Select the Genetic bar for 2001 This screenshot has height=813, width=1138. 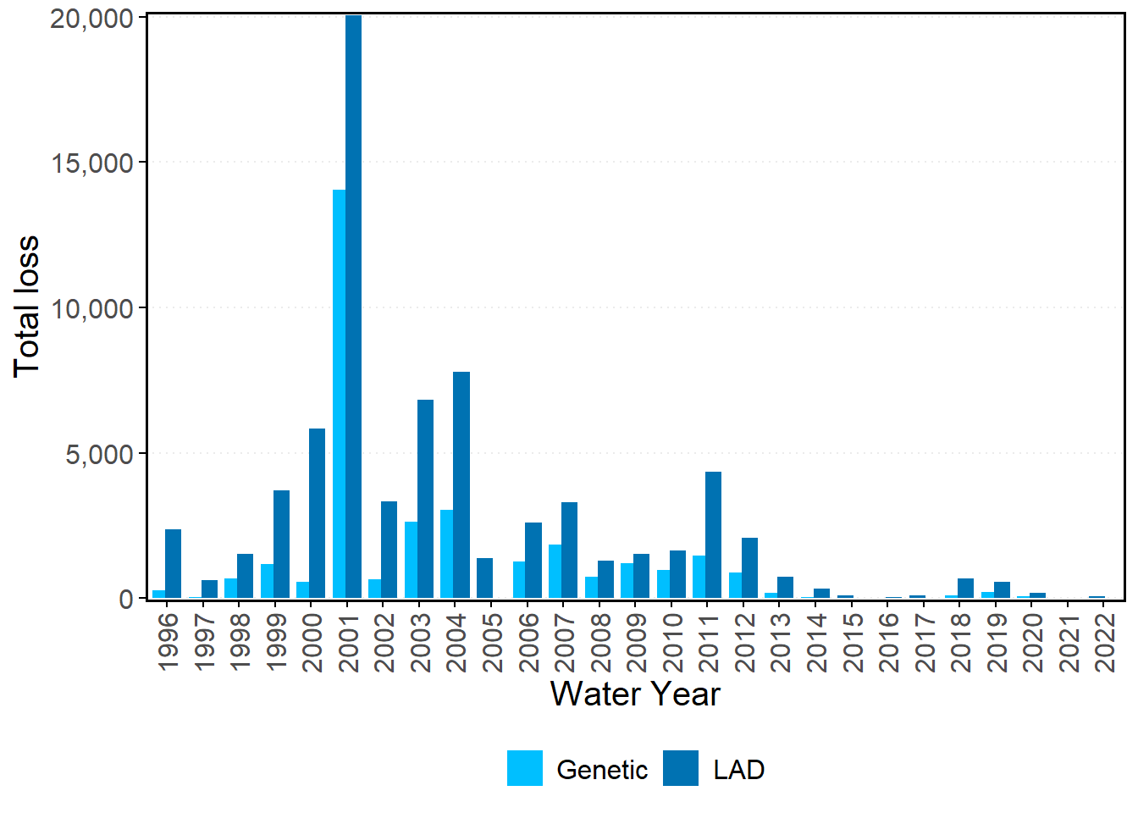[x=339, y=394]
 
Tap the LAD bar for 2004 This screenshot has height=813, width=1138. [x=461, y=484]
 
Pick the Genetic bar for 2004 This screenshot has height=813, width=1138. [x=446, y=554]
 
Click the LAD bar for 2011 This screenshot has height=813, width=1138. [x=713, y=534]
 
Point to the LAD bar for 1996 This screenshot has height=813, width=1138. [x=173, y=563]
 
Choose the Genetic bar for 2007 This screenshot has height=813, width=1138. [x=555, y=571]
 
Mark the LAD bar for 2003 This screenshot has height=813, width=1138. [x=425, y=499]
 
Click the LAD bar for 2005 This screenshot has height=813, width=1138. [x=484, y=578]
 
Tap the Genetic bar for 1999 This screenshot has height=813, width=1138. [x=267, y=581]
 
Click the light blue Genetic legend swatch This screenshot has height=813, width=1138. [x=525, y=768]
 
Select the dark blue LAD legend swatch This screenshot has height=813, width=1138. [x=681, y=768]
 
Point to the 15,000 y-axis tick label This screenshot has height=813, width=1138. [x=92, y=163]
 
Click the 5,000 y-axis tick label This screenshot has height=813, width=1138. [x=100, y=454]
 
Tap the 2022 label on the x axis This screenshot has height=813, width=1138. [x=1105, y=641]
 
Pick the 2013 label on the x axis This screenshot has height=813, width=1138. [x=781, y=641]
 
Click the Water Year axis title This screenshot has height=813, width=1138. [x=635, y=694]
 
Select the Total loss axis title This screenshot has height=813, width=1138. [x=27, y=307]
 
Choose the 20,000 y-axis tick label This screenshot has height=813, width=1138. [x=92, y=18]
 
